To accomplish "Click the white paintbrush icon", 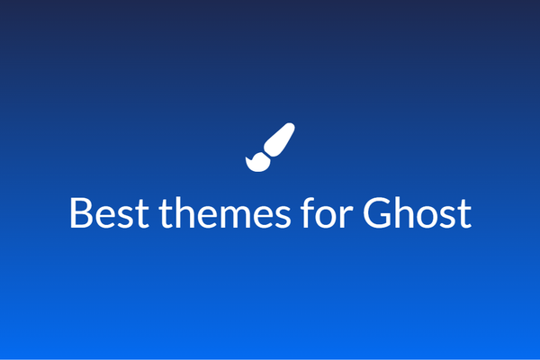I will coord(270,146).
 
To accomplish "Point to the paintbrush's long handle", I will coord(279,138).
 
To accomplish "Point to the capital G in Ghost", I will coord(378,213).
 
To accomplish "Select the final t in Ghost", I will coord(463,214).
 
